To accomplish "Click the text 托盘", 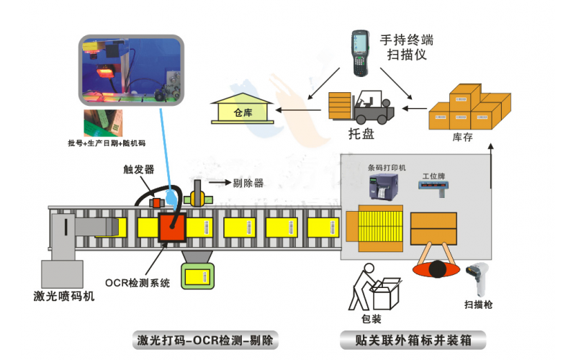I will click(x=361, y=134).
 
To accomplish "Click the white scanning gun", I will click(x=476, y=278).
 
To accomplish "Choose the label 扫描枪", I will click(x=479, y=305).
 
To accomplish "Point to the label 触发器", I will click(x=139, y=169).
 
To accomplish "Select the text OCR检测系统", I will click(x=137, y=283).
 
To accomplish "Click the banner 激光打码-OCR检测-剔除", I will click(x=207, y=339).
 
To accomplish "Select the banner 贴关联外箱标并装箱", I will click(x=413, y=339).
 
